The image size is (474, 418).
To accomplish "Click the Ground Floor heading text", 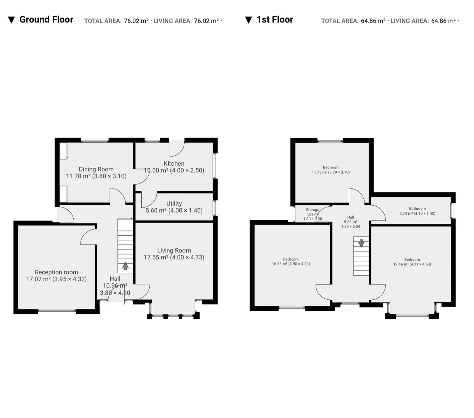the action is [46, 19].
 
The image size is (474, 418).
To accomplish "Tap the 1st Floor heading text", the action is [275, 19].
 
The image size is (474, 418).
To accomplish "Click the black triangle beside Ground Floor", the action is [11, 20].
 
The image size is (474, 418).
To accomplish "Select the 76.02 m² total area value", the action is [136, 21].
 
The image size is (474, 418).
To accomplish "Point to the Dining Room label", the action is [96, 169].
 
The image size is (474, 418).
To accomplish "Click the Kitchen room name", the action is [174, 163].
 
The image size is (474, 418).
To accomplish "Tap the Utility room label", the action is [174, 203].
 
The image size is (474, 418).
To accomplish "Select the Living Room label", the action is [174, 250].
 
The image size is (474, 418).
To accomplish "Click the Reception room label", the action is [56, 272].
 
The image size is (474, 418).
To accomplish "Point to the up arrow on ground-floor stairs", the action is [126, 266].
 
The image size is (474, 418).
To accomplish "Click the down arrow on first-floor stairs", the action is [361, 243].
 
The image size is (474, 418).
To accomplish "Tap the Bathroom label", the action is [418, 208].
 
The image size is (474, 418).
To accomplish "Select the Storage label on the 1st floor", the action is [312, 210].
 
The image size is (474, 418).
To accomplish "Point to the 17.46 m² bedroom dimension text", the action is [412, 264].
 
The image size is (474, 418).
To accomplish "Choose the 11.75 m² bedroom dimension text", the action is [331, 172].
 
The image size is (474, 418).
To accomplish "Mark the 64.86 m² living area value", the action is [443, 21].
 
